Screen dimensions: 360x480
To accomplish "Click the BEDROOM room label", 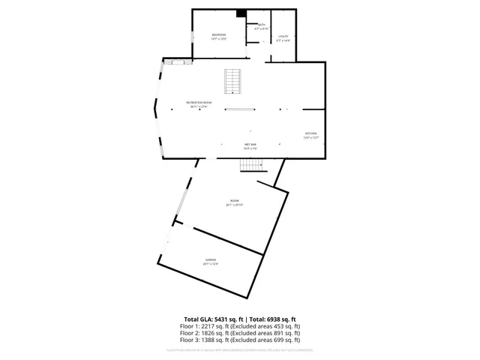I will pos(218,35).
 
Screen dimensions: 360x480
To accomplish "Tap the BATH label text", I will pos(262,25).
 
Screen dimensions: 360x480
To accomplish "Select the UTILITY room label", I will pos(283,36).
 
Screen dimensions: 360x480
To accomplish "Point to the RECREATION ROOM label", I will pos(199,102).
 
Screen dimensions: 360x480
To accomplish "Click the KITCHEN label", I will pos(310,133).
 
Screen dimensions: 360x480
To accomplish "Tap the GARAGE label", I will pos(211,259).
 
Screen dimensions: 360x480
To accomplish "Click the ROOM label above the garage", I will pos(235,200).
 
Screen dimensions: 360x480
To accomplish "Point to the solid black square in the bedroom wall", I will pos(241,13).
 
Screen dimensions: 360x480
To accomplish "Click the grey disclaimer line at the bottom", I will pos(240,350).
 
